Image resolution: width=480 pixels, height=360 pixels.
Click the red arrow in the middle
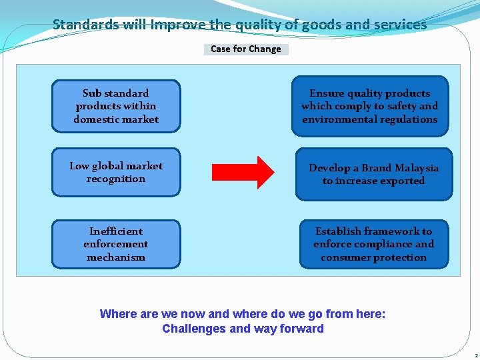(243, 172)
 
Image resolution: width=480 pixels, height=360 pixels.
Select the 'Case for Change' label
(246, 49)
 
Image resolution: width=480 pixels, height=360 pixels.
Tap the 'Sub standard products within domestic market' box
(116, 106)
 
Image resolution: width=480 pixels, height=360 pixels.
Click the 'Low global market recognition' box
(116, 172)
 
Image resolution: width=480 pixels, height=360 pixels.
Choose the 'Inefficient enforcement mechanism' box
(116, 244)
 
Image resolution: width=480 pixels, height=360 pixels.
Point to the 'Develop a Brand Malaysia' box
(373, 174)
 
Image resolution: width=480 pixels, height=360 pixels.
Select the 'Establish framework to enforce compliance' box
(373, 244)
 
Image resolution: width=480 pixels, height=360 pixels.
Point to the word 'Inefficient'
(116, 231)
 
